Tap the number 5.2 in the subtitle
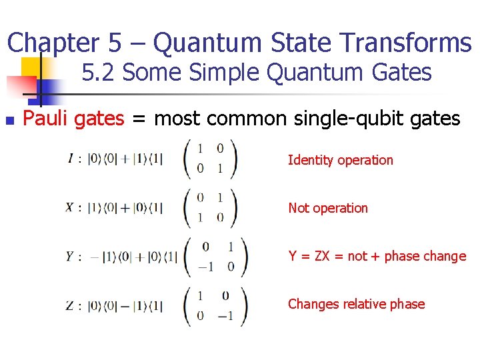coord(99,72)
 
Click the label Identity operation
coord(340,160)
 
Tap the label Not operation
coord(327,208)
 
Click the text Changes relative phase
coord(356,304)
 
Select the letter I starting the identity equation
coord(71,159)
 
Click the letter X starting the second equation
coord(69,207)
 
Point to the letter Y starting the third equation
coord(70,256)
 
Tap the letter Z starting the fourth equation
coord(70,305)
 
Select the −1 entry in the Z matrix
coord(227,315)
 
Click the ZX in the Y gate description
coord(323,256)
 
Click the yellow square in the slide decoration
coord(31,67)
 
